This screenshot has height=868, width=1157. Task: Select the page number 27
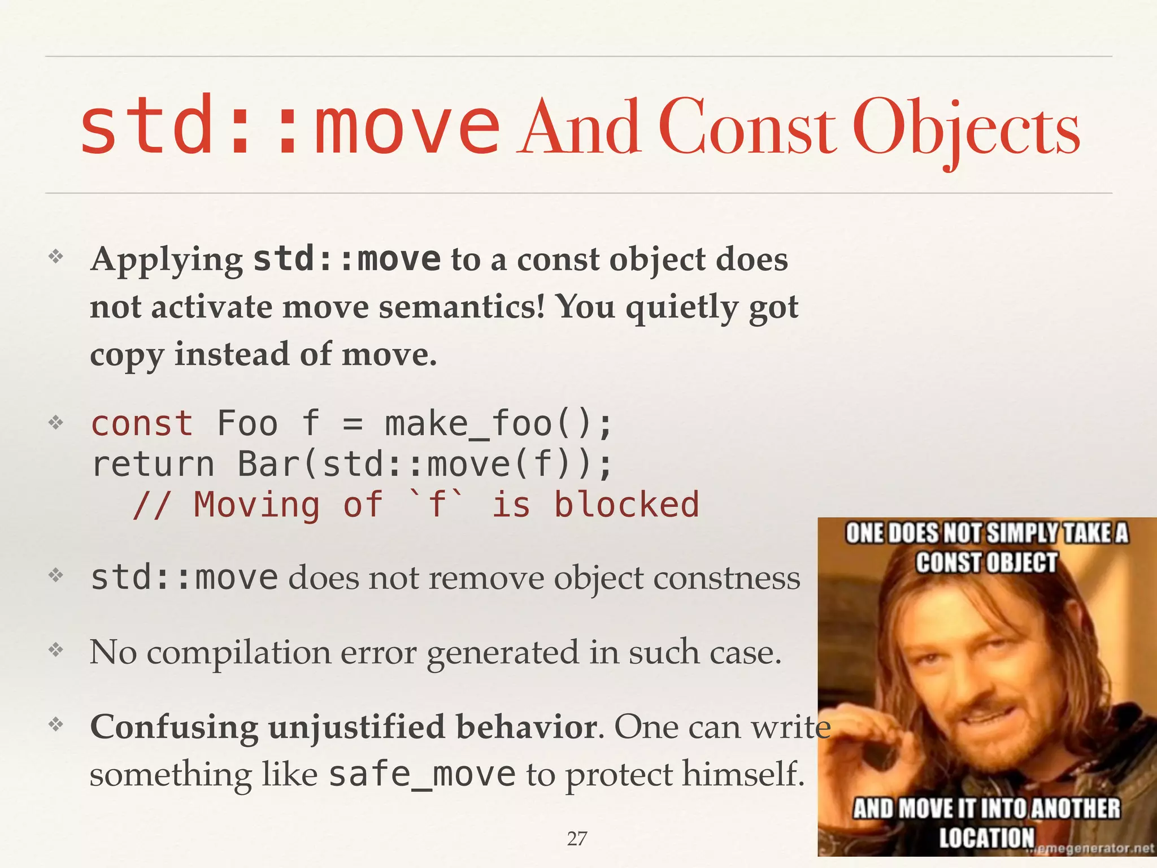[577, 839]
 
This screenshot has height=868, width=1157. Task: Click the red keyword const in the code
[142, 424]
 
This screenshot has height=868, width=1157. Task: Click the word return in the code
[153, 465]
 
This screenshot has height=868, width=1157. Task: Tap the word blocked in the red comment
[626, 505]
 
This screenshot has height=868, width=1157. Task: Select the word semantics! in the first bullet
[462, 308]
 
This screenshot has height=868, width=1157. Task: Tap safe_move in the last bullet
[421, 774]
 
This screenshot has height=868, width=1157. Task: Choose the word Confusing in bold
[174, 727]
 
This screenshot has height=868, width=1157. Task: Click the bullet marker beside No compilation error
[55, 650]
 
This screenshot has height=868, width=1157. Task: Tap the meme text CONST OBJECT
[986, 563]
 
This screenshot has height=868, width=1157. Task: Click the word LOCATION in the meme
[986, 837]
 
